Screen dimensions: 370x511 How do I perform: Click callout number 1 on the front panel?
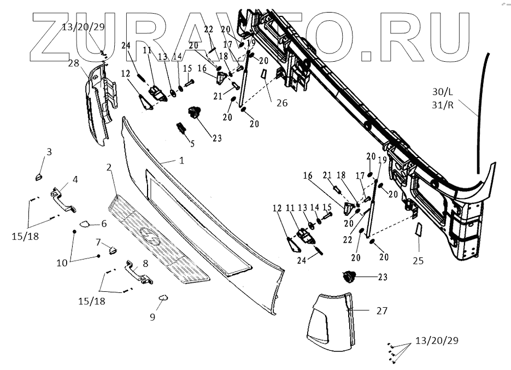[180, 161]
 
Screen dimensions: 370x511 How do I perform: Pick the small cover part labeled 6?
[84, 223]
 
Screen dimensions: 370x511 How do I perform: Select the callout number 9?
[152, 316]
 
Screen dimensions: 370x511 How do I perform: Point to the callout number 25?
[418, 261]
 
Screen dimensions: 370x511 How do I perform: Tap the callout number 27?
[381, 310]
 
